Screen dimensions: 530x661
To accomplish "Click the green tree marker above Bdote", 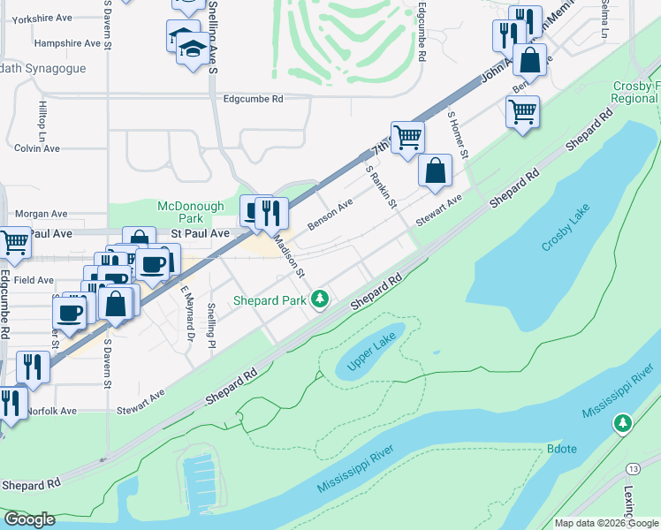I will (x=623, y=425).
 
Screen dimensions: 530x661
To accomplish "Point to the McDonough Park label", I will (x=192, y=212).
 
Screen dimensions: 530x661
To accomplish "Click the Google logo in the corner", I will (x=28, y=519).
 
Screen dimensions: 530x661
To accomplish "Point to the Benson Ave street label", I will (x=330, y=215).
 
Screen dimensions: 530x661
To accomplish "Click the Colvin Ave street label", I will (x=36, y=148).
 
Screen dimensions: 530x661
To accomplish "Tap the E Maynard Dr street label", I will (x=186, y=313).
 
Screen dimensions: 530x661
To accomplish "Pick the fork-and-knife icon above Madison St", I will (x=272, y=211).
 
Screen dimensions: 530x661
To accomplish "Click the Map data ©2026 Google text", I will (x=605, y=523).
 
